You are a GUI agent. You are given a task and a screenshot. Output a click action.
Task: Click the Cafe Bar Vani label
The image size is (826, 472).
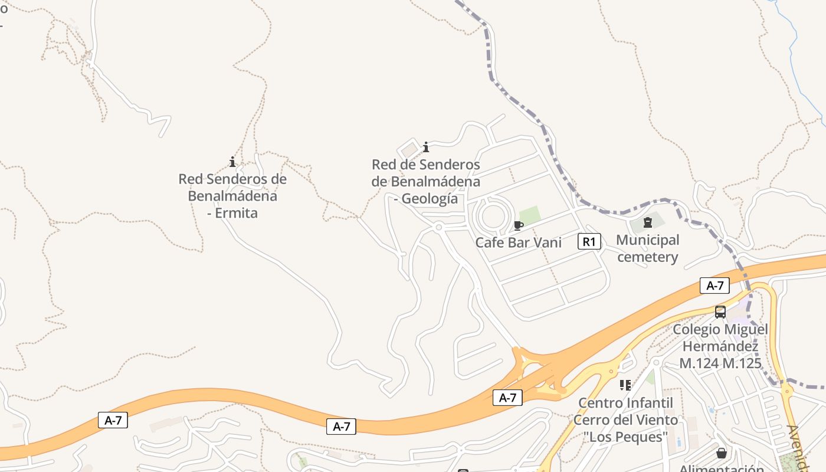[x=519, y=242]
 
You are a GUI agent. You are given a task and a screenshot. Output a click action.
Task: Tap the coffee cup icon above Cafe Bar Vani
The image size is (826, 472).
[x=519, y=225]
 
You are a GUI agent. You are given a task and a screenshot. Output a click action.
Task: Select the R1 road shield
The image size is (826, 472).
[x=589, y=241]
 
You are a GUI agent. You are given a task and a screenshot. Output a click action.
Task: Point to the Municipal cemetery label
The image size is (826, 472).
[x=647, y=248]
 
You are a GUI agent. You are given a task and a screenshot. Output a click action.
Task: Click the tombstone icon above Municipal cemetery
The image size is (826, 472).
[x=648, y=222]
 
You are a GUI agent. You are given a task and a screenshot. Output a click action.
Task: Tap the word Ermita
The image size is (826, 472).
[x=236, y=213]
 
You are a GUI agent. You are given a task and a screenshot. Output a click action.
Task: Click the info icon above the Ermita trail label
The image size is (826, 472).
[x=232, y=162]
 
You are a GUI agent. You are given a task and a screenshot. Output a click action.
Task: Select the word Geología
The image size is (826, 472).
[x=430, y=199]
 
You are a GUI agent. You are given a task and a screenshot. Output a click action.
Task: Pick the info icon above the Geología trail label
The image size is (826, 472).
[x=426, y=147]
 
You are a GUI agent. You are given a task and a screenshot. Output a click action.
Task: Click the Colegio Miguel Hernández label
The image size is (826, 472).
[x=720, y=337]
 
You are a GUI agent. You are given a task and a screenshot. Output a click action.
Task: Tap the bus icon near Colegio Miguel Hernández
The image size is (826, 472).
[x=720, y=312]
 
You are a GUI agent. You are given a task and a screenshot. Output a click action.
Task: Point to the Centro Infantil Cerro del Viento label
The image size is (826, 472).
[x=625, y=411]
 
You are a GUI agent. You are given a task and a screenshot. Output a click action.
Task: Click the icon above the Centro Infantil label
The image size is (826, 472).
[x=625, y=385]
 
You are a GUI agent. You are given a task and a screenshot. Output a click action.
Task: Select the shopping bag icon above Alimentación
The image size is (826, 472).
[x=721, y=453]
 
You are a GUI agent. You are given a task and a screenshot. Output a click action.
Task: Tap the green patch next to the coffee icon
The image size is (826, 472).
[x=530, y=215]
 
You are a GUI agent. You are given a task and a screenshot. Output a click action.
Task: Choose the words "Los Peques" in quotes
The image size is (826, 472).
[x=625, y=437]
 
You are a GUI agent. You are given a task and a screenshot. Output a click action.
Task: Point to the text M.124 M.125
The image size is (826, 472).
[x=720, y=363]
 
